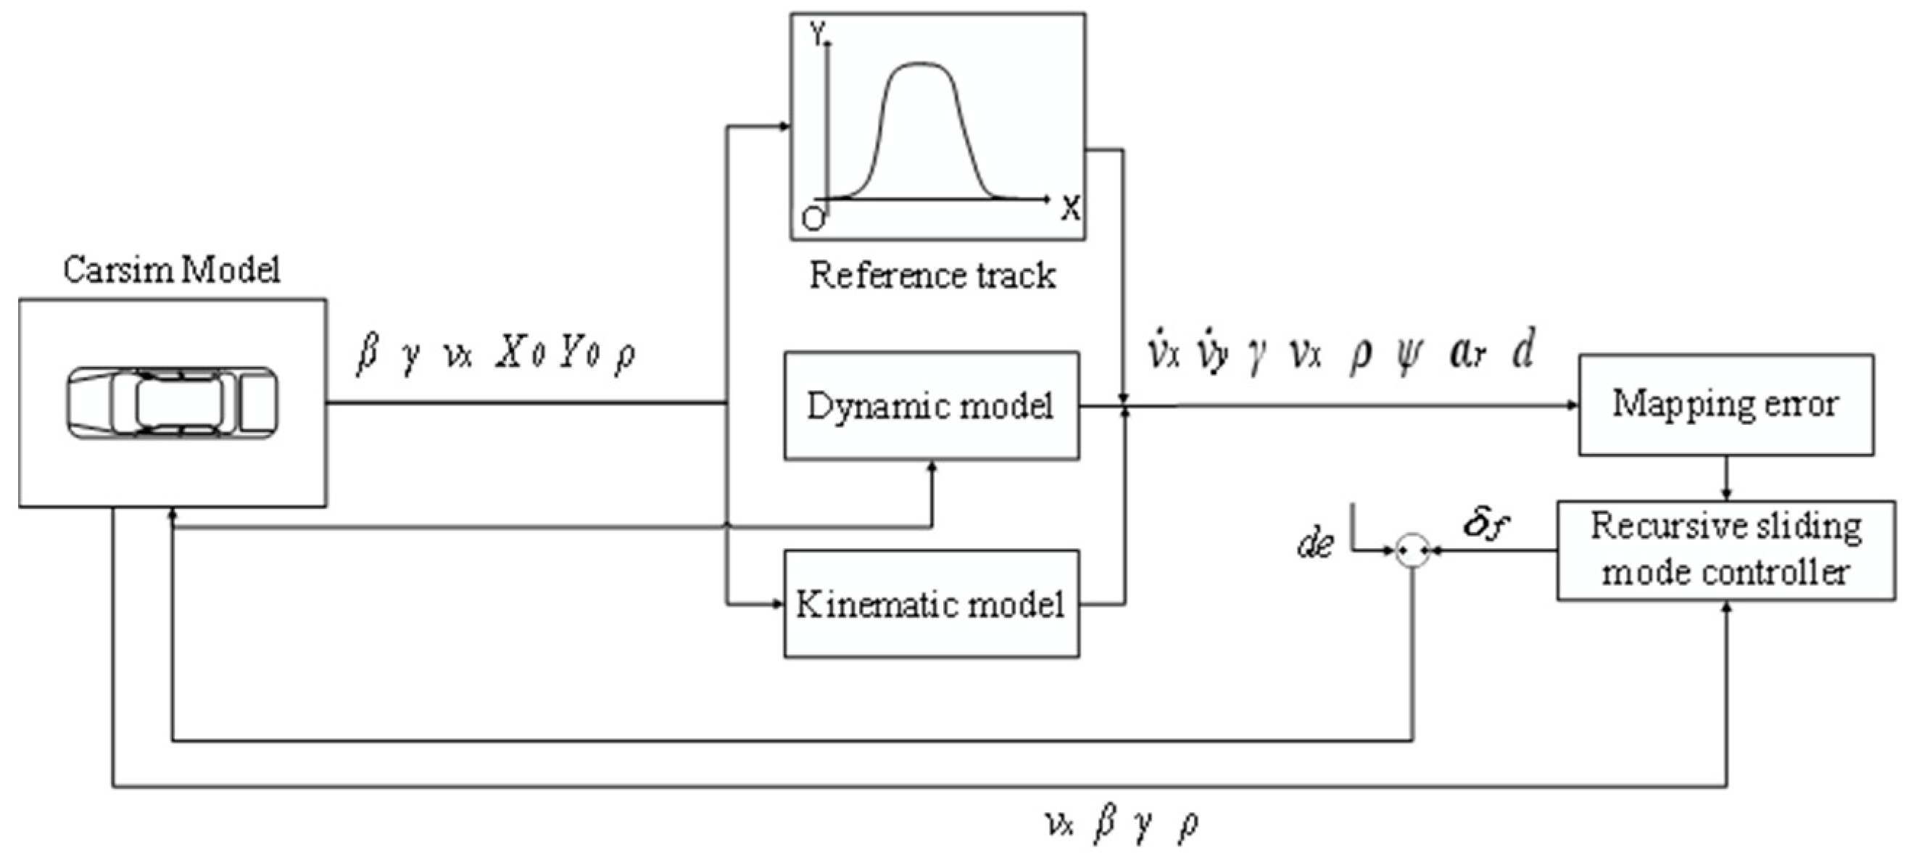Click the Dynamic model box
click(931, 406)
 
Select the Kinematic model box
click(931, 604)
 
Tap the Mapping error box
click(1725, 405)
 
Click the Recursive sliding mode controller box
click(1725, 550)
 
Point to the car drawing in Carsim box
click(172, 404)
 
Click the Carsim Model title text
click(171, 270)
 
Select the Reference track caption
click(932, 276)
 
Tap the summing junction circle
click(1412, 550)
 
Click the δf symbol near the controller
click(1486, 524)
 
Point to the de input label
click(1315, 544)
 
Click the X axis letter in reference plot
click(1070, 210)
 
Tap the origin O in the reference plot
click(813, 220)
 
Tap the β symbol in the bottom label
click(1104, 824)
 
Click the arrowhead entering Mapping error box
click(1572, 405)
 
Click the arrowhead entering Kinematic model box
click(778, 604)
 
